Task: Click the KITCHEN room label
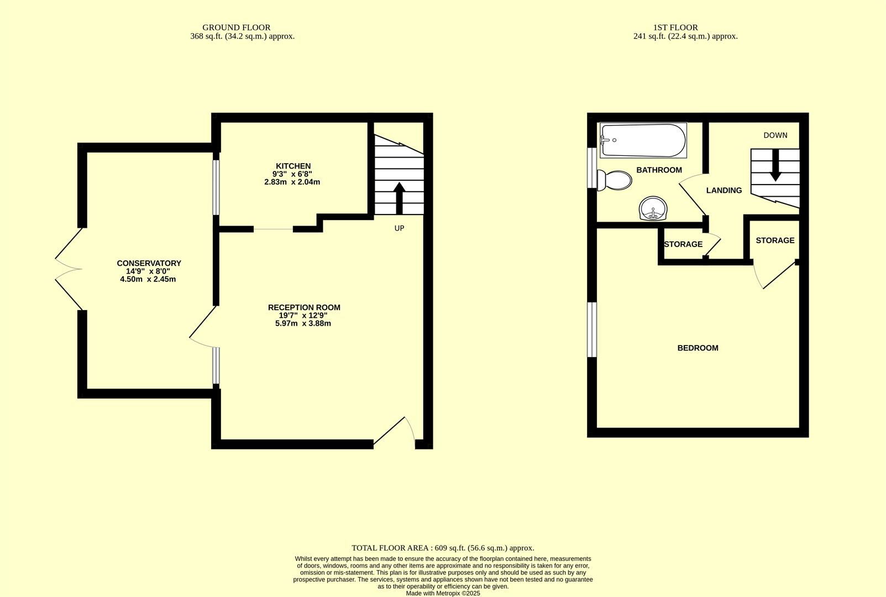click(x=293, y=166)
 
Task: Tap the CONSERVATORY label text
click(x=149, y=263)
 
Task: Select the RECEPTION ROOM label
click(x=304, y=307)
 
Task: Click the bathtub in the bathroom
click(x=643, y=140)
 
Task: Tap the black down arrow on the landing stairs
click(x=775, y=165)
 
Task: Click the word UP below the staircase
click(x=399, y=228)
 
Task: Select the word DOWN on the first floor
click(x=775, y=135)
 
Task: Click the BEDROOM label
click(x=698, y=348)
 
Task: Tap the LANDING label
click(x=724, y=190)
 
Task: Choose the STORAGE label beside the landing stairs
click(x=775, y=240)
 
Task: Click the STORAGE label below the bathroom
click(x=683, y=244)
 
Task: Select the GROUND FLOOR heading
click(x=236, y=27)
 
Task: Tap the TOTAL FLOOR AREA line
click(x=443, y=548)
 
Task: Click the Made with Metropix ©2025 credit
click(x=443, y=593)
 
